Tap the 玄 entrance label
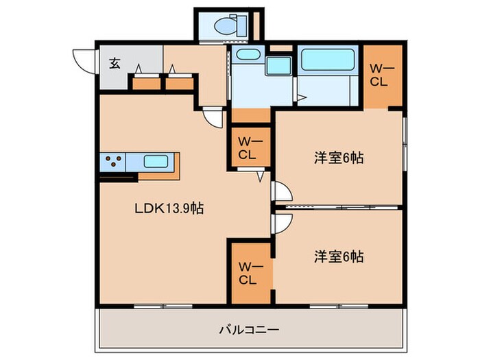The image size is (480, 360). click(x=115, y=64)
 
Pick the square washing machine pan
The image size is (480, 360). click(x=278, y=67)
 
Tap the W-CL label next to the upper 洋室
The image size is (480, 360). click(x=248, y=147)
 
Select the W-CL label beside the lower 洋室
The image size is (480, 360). click(x=248, y=273)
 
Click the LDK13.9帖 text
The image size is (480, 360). click(x=168, y=208)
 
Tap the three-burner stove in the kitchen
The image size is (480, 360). click(x=112, y=163)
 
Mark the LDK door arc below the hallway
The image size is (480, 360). click(x=215, y=117)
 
